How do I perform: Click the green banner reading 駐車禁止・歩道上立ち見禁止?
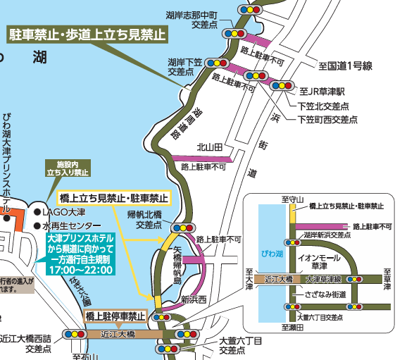(87, 33)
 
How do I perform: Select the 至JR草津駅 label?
(321, 92)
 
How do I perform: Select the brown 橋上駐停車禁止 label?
(116, 316)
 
